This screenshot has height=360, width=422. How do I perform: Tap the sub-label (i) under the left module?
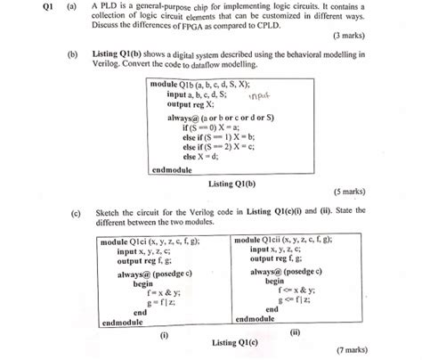[163, 336]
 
